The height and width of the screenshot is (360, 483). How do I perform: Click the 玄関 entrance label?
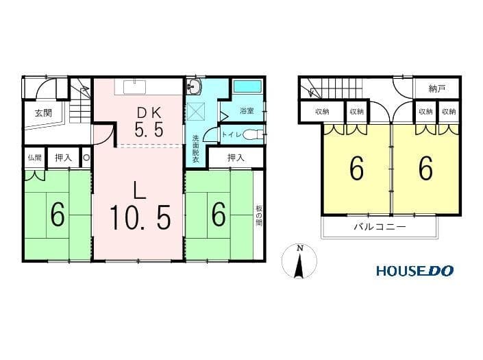click(x=43, y=113)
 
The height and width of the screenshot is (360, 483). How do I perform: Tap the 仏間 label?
click(x=34, y=158)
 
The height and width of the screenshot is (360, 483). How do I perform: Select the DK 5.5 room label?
click(x=149, y=122)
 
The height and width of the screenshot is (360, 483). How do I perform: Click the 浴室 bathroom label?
click(x=247, y=110)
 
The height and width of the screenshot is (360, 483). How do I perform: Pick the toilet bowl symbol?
click(x=253, y=134)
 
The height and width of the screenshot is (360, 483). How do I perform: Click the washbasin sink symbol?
click(x=194, y=86)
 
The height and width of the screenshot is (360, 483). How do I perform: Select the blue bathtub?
click(x=247, y=86)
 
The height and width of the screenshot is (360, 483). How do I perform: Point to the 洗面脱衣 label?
click(x=196, y=149)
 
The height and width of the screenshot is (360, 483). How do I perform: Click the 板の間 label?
click(x=258, y=215)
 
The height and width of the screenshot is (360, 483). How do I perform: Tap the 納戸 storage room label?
click(x=437, y=88)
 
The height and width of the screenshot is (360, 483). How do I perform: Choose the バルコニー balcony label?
click(x=380, y=227)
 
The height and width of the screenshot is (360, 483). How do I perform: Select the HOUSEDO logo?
click(x=414, y=271)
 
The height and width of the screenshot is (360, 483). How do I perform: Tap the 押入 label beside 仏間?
click(x=63, y=158)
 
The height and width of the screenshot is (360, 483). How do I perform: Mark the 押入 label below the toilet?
click(x=236, y=158)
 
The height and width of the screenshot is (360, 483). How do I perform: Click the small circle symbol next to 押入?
click(x=86, y=158)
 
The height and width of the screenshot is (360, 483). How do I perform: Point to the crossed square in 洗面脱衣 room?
click(x=196, y=111)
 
